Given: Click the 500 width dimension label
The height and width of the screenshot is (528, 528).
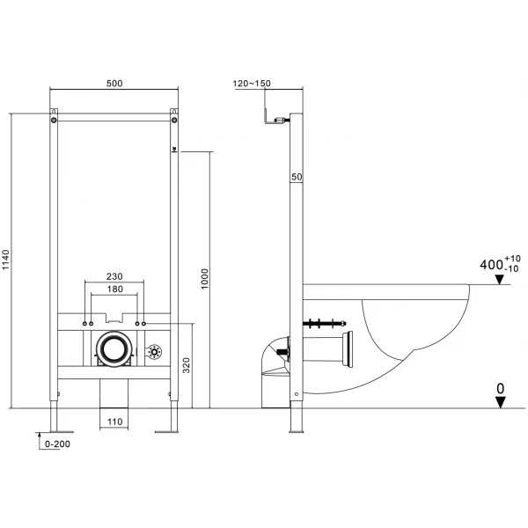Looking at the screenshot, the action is (114, 84).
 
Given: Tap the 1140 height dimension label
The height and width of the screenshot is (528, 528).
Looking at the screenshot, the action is (6, 260).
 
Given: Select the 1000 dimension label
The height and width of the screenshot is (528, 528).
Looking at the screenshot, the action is (204, 278).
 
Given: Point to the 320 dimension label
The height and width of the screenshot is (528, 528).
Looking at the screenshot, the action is (187, 365).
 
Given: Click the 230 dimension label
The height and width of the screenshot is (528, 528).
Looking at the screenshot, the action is (114, 276).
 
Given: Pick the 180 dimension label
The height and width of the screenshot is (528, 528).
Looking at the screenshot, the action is (114, 289).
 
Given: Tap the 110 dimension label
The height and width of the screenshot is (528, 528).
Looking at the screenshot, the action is (114, 422).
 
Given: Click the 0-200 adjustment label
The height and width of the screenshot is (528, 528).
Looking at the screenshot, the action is (57, 444).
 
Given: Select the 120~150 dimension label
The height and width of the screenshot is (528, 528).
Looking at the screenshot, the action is (252, 84).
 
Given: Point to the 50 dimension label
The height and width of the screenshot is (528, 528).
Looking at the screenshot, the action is (297, 177).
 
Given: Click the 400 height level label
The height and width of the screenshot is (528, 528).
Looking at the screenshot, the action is (491, 265).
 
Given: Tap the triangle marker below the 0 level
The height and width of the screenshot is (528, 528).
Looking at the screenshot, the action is (501, 402).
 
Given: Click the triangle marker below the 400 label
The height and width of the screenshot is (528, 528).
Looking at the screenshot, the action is (499, 279).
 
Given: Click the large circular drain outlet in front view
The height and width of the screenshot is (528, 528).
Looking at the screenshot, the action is (114, 348).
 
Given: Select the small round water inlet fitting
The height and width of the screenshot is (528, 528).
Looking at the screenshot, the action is (155, 352).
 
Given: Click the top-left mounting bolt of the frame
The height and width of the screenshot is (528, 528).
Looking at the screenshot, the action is (54, 121).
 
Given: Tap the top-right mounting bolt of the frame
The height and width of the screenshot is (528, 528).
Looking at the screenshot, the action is (174, 120).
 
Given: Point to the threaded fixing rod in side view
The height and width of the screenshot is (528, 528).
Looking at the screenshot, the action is (324, 324).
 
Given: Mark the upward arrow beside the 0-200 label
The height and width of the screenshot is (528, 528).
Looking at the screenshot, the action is (40, 441).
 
